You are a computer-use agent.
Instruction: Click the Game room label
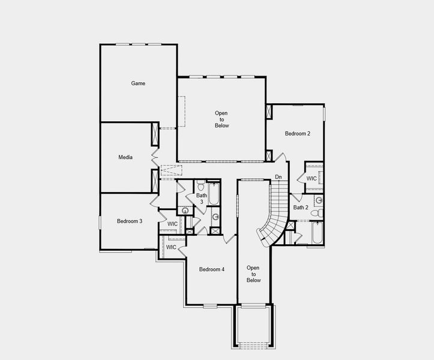138,83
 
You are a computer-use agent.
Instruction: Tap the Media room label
125,157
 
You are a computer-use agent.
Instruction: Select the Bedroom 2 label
297,133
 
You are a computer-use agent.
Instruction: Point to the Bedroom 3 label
129,221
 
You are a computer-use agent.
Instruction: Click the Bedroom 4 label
211,269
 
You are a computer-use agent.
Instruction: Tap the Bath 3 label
202,199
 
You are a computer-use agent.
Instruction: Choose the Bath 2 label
300,208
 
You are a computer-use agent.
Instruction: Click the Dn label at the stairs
278,177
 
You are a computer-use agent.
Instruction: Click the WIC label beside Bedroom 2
312,178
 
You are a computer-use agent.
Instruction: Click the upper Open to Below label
222,119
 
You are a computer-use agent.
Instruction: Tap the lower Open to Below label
254,274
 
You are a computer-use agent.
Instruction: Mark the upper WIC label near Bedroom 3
172,224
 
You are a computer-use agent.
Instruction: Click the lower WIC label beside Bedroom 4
171,247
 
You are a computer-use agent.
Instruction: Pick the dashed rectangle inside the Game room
180,111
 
